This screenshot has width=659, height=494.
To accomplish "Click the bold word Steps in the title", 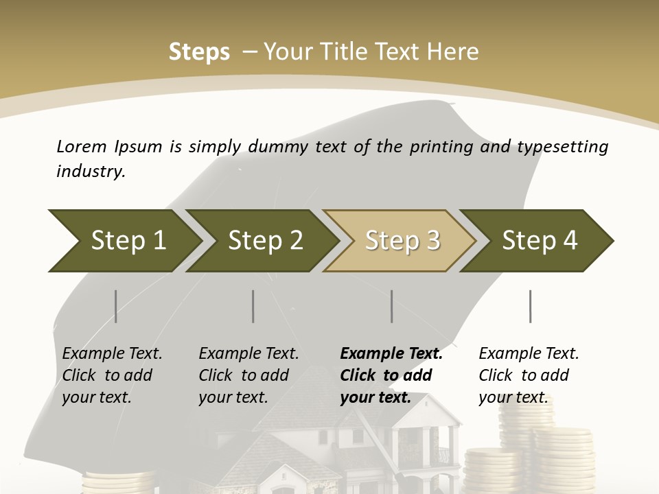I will pyautogui.click(x=199, y=51).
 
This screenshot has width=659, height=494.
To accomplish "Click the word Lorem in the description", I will pyautogui.click(x=82, y=146).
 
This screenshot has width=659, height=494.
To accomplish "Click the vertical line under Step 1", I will pyautogui.click(x=115, y=306).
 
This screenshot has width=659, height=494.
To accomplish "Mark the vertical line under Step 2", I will pyautogui.click(x=253, y=306).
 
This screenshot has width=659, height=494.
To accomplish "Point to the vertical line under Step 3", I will pyautogui.click(x=391, y=306).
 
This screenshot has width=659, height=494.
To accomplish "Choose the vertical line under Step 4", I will pyautogui.click(x=530, y=306).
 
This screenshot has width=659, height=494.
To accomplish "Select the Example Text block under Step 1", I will pyautogui.click(x=112, y=375).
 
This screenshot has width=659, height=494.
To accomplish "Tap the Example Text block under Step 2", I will pyautogui.click(x=248, y=375).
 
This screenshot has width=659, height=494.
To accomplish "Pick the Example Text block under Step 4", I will pyautogui.click(x=529, y=375).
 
